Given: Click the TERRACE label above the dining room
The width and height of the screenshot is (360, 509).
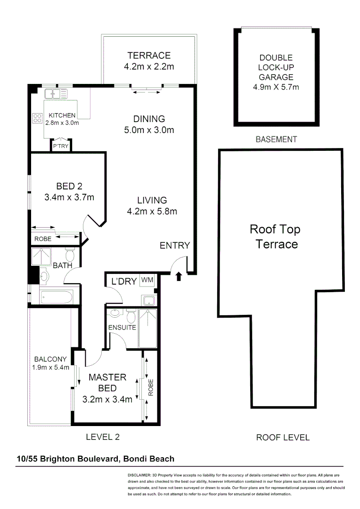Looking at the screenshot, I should coord(149,55).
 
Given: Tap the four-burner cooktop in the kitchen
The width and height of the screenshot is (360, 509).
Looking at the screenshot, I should coord(37,118).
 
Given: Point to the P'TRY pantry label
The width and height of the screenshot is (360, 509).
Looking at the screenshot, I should coord(61,147).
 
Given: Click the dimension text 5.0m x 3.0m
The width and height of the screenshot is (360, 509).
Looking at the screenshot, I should coord(149,130).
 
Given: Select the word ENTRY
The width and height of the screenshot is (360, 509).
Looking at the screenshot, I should coord(174,246).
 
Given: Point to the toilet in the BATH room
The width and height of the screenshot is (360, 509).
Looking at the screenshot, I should coord(70,255).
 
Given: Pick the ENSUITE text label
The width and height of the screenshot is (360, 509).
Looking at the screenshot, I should coord(122,327).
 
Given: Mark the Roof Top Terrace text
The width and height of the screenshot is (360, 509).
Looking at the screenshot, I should coord(275,237).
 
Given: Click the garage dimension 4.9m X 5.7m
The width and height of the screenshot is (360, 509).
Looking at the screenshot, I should coord(276,87).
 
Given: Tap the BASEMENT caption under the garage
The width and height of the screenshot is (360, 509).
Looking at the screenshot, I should coord(276,140).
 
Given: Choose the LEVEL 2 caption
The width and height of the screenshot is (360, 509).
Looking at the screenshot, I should coord(102,437).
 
